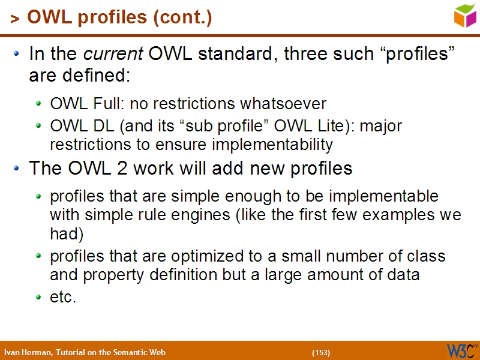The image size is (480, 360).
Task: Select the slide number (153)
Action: coord(321,352)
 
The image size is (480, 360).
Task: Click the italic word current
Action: coord(113,55)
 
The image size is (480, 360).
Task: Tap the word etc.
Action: coord(63,297)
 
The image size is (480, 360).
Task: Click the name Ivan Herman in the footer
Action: coord(27,352)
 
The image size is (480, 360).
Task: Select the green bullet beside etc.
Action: coord(39,297)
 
